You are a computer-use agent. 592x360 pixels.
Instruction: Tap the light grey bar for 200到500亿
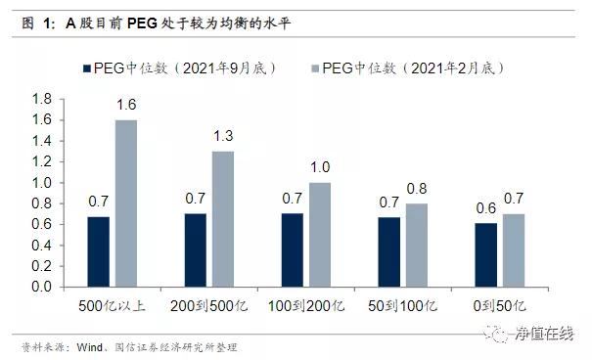(x=222, y=219)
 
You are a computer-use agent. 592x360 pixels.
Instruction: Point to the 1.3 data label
(x=223, y=137)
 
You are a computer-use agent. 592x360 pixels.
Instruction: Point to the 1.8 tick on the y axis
(x=41, y=99)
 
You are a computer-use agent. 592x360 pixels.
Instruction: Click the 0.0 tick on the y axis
(x=41, y=288)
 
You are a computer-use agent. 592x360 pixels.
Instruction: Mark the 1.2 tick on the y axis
(x=41, y=161)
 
